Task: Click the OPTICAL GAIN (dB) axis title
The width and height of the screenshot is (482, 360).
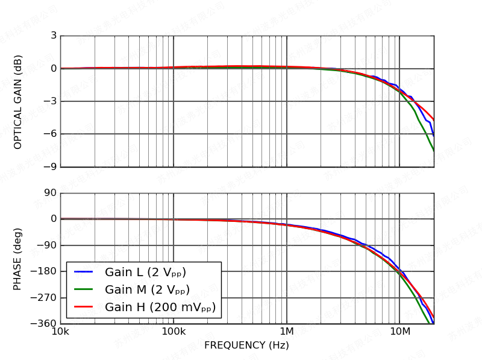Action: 18,102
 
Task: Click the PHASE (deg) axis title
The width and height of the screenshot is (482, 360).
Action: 18,259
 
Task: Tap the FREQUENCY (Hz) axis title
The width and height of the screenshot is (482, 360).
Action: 246,346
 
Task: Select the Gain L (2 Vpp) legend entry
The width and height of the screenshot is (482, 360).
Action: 145,272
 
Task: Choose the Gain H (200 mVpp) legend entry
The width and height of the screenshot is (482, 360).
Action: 160,307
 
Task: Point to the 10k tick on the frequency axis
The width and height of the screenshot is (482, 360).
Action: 60,332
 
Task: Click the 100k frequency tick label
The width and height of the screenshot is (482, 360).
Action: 174,332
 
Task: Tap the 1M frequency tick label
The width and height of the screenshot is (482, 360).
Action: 287,332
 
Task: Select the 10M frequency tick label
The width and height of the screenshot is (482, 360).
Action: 399,332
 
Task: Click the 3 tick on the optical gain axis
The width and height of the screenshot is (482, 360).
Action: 54,36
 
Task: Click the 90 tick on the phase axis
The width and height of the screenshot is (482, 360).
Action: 50,193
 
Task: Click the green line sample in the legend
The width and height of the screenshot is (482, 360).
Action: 83,289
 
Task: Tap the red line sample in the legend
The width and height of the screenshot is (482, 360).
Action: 83,307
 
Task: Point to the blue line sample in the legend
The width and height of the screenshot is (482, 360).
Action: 83,272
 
